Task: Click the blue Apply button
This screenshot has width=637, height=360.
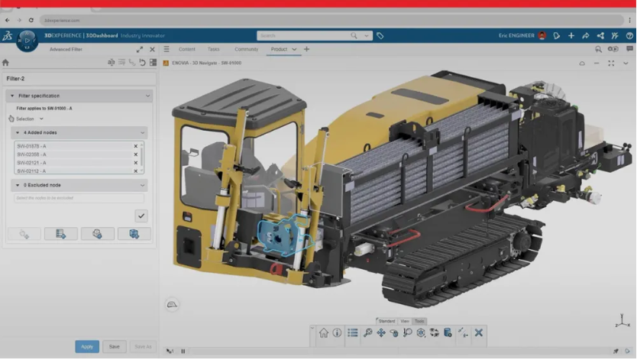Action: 87,346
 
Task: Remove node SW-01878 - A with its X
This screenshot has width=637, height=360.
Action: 136,146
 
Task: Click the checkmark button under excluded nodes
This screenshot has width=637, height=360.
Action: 141,216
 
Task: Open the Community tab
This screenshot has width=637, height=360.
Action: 246,49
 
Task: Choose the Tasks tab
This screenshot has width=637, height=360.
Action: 214,49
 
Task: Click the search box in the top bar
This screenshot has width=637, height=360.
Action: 306,35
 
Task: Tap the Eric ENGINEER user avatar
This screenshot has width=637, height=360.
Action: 542,35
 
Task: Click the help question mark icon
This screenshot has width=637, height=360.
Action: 629,35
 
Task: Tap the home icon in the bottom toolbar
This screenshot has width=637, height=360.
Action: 324,332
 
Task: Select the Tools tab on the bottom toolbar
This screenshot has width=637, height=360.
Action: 419,321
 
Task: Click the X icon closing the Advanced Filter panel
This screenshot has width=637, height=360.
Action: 152,49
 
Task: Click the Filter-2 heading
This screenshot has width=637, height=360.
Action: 17,79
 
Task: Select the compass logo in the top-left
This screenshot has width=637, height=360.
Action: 27,40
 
